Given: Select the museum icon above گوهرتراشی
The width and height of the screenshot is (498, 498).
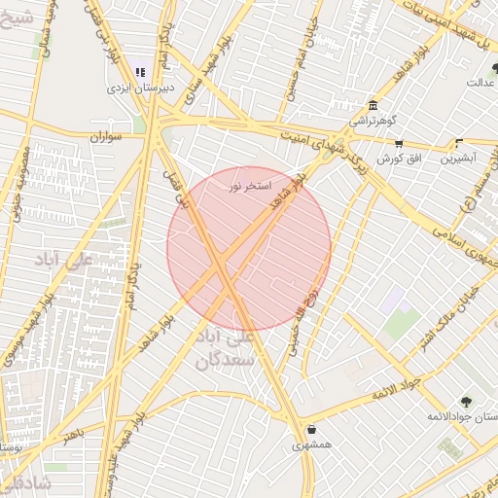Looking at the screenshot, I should (373, 107).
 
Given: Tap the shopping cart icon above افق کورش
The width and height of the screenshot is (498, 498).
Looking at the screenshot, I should (398, 142).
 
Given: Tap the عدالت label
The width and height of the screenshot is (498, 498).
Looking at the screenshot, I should (481, 82).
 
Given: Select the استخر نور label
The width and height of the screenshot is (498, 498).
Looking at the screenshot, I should (247, 185).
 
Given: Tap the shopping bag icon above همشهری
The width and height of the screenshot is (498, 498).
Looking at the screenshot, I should (311, 429).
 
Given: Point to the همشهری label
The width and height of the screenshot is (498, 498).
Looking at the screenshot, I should (311, 445).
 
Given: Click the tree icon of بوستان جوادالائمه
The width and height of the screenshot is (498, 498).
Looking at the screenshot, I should (467, 401).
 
